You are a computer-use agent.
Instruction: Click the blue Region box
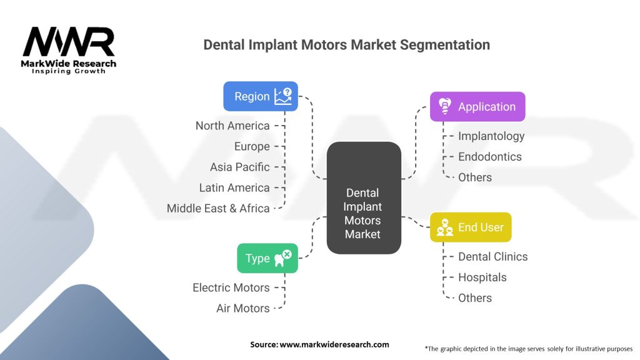[x=261, y=96]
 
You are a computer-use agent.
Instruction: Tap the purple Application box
[x=477, y=106]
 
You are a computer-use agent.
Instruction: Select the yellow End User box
[x=471, y=227]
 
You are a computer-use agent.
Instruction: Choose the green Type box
[x=267, y=258]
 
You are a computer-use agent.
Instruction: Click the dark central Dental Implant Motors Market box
[x=364, y=198]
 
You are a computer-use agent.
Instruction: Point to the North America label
[x=232, y=126]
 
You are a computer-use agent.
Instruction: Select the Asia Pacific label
[x=240, y=167]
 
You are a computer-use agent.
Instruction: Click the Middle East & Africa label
[x=218, y=209]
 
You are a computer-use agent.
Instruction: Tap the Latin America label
[x=234, y=187]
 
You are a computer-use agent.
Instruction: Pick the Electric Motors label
[x=231, y=287]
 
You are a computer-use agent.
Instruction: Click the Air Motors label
[x=243, y=308]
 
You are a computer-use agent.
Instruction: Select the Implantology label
[x=491, y=136]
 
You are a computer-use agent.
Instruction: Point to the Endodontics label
[x=490, y=157]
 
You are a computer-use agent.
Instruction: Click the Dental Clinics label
[x=493, y=257]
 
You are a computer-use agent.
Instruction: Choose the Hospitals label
[x=482, y=277]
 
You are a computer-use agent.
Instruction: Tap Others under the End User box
[x=475, y=298]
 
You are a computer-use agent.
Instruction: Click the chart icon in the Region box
[x=283, y=96]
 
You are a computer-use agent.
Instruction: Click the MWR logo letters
[x=69, y=42]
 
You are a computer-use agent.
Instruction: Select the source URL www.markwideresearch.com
[x=334, y=344]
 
